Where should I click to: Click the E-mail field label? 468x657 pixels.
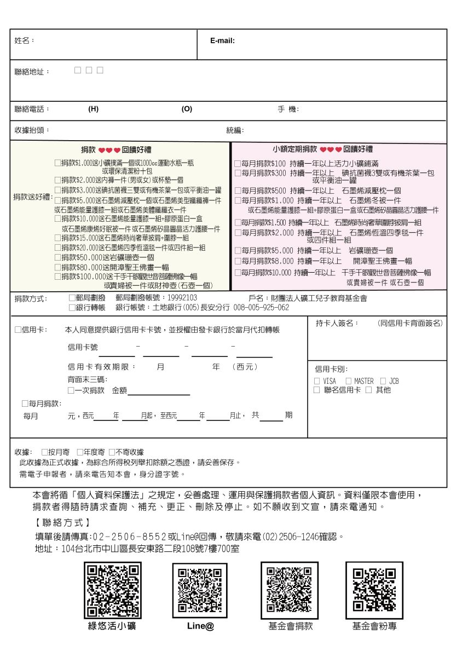tap(222, 41)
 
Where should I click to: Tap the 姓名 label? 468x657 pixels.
tap(24, 41)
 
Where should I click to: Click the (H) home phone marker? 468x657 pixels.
tap(93, 109)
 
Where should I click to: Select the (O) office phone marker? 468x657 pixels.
tap(187, 109)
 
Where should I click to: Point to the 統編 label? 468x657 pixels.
tap(235, 130)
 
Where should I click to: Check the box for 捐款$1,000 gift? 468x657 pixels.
tap(57, 163)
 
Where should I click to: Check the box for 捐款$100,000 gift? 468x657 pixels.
tap(57, 277)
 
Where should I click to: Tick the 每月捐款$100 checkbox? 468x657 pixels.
tap(238, 164)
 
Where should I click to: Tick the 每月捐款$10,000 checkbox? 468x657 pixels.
tap(238, 273)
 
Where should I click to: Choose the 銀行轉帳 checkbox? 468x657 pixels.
tap(72, 308)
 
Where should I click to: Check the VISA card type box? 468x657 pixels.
tap(317, 381)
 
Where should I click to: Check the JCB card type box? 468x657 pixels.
tap(383, 381)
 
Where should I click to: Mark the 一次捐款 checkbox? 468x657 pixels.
tap(71, 390)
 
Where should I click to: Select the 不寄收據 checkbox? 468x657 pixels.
tap(112, 452)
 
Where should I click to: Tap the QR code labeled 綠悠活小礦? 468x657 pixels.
tap(112, 590)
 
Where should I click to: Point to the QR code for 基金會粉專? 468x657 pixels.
tap(374, 590)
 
